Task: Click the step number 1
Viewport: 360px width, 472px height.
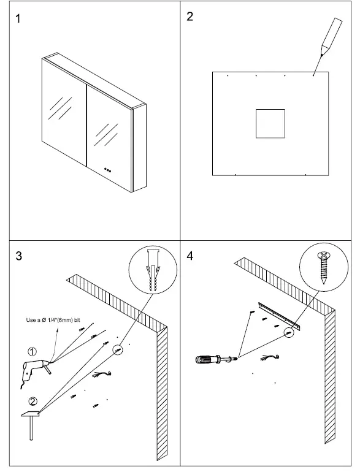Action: click(18, 19)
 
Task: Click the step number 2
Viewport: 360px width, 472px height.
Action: click(190, 17)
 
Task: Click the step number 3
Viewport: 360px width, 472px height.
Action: click(18, 256)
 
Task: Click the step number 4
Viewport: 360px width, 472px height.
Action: click(190, 256)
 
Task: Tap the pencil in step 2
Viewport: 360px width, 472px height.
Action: click(331, 37)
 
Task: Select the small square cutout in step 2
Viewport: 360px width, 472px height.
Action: click(270, 124)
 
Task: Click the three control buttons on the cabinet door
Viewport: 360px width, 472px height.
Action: click(107, 170)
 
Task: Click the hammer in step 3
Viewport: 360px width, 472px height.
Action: click(31, 425)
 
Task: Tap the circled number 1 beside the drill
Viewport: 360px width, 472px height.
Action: click(33, 351)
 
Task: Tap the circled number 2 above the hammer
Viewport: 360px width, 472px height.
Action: click(33, 402)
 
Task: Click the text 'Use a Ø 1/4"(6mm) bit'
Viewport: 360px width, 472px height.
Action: click(53, 320)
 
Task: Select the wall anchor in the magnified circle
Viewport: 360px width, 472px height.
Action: click(153, 270)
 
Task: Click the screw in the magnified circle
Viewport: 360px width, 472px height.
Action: click(323, 268)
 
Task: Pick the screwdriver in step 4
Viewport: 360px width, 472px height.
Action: click(216, 359)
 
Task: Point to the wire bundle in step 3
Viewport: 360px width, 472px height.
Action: click(102, 375)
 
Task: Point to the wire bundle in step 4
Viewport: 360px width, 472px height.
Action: click(270, 357)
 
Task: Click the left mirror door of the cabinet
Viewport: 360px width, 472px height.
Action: click(64, 112)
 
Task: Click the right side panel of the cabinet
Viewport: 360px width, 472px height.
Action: click(139, 148)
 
